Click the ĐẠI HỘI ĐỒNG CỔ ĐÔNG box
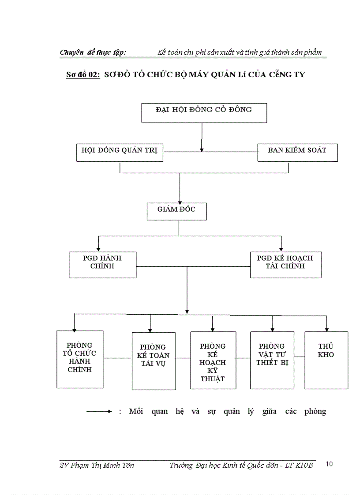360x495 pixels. click(204, 113)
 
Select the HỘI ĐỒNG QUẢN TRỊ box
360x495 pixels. click(120, 153)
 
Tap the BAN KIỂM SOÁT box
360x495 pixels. click(297, 153)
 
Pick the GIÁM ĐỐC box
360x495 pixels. click(176, 211)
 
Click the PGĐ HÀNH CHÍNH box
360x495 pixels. click(102, 264)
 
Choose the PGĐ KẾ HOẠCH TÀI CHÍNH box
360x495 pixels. click(285, 264)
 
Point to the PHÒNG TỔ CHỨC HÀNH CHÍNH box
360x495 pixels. click(80, 359)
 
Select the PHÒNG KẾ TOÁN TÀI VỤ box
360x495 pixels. click(154, 361)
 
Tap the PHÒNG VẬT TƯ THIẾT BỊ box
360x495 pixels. click(272, 359)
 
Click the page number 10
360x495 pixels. click(329, 464)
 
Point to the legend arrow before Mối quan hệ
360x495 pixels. click(99, 412)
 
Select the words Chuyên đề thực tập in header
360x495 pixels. click(93, 52)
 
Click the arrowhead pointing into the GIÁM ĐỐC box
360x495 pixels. click(180, 201)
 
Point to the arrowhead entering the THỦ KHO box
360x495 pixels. click(327, 329)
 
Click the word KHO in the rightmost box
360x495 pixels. click(326, 354)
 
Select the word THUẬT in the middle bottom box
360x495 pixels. click(213, 379)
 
